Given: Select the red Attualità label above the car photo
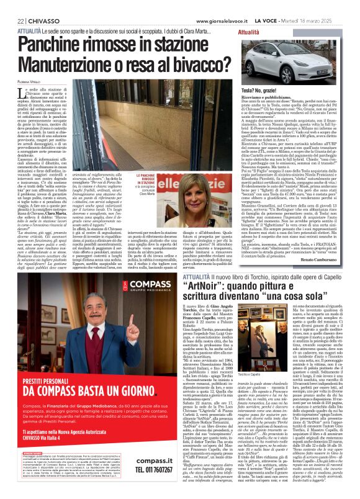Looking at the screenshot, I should pyautogui.click(x=249, y=31).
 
